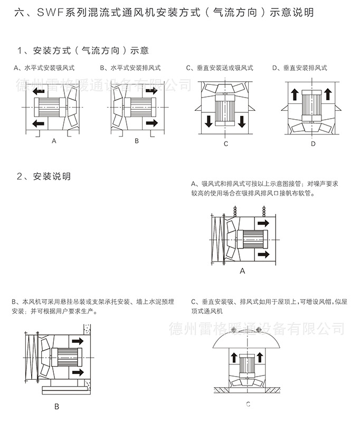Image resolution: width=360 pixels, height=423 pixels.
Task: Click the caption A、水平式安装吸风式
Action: [x=44, y=68]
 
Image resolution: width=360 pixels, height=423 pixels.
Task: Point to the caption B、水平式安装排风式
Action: [x=130, y=68]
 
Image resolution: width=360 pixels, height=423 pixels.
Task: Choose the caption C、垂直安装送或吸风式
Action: [x=219, y=68]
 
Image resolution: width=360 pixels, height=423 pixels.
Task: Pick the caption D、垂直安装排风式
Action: [x=299, y=68]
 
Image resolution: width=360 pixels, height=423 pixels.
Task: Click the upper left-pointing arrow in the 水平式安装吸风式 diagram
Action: [x=39, y=92]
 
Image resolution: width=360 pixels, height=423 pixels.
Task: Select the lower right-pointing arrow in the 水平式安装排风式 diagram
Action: [x=151, y=123]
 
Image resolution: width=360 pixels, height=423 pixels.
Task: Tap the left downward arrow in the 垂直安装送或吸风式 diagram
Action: [x=209, y=121]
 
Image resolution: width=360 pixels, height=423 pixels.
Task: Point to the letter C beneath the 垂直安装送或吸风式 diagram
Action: [x=225, y=143]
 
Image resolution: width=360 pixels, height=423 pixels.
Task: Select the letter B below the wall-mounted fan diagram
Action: [x=56, y=407]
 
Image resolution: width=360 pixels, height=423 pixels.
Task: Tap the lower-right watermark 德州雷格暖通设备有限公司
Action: [x=256, y=330]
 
